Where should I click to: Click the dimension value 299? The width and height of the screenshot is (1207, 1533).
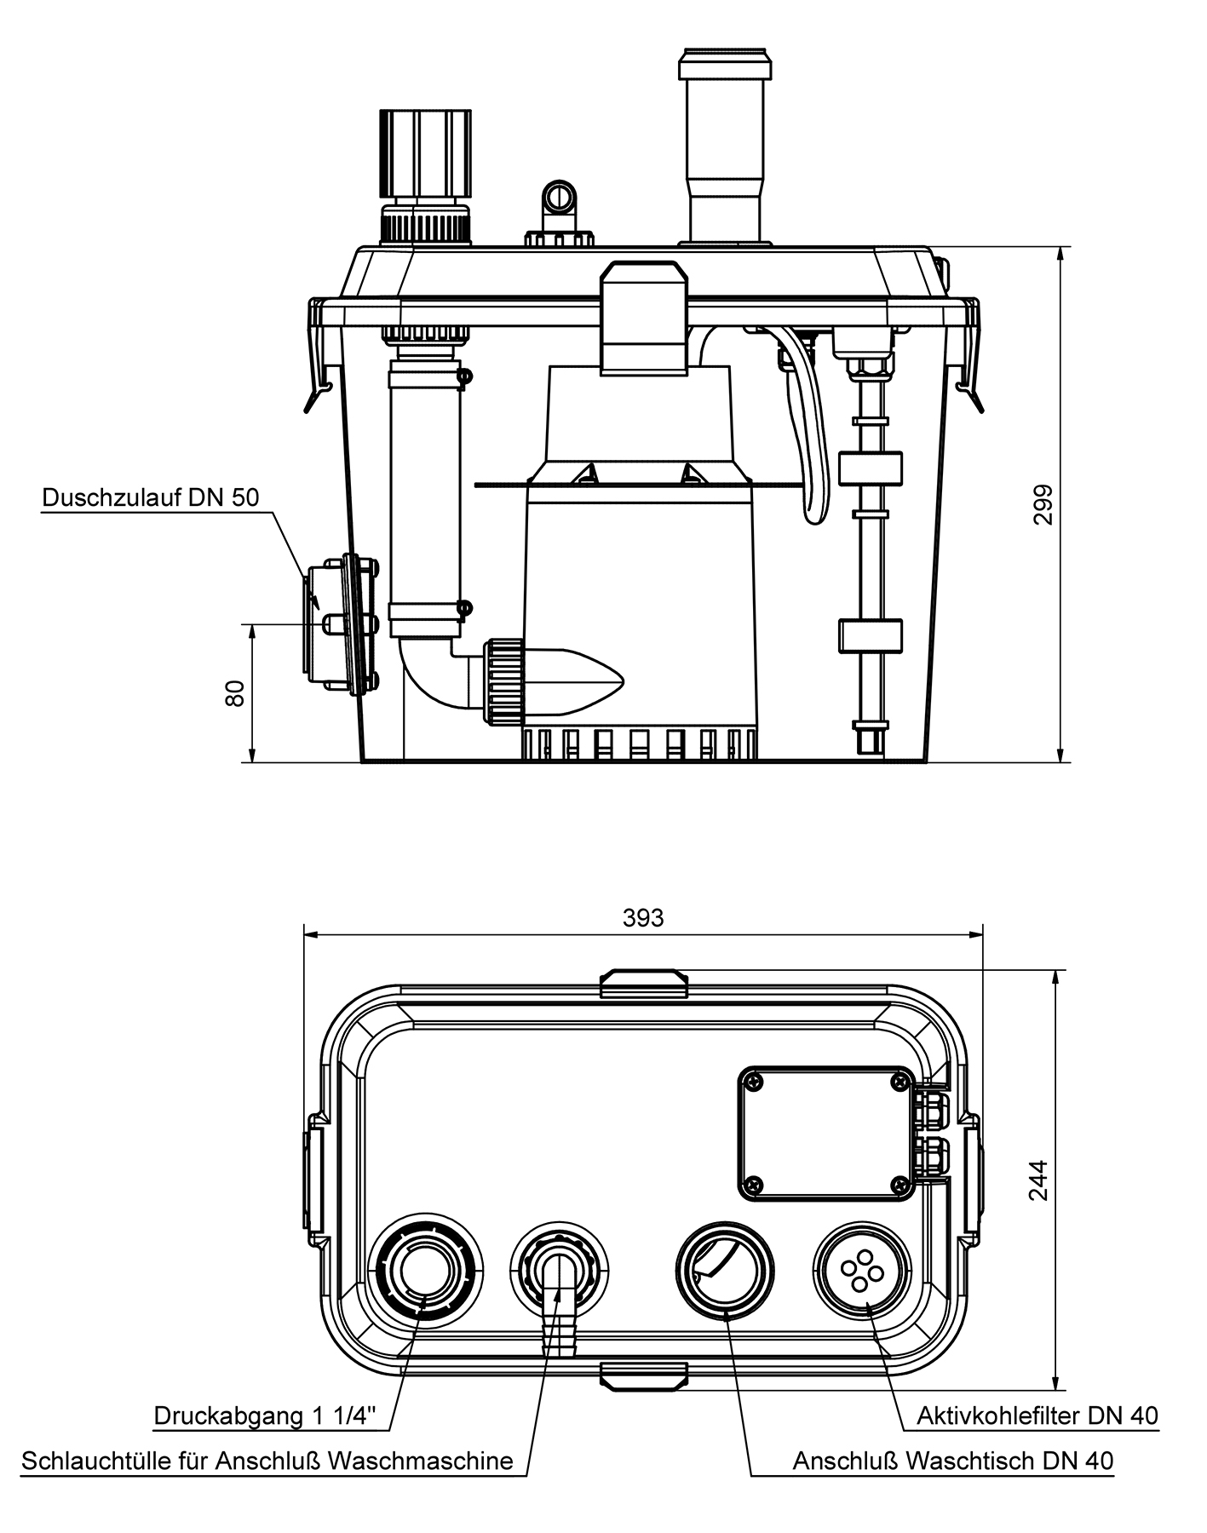click(x=1043, y=504)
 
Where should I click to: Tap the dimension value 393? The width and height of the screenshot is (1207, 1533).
click(x=643, y=918)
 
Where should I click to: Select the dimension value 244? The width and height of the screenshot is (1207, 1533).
click(x=1038, y=1180)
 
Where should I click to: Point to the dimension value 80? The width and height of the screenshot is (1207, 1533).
click(x=236, y=692)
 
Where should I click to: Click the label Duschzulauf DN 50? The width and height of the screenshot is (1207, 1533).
click(x=150, y=498)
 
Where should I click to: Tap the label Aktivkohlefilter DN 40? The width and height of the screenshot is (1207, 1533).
click(x=1037, y=1416)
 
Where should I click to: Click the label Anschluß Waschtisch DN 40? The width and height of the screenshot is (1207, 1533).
click(x=952, y=1461)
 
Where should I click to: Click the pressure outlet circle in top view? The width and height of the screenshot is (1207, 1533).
click(x=423, y=1269)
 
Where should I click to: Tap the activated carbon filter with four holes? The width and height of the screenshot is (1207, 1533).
click(x=861, y=1269)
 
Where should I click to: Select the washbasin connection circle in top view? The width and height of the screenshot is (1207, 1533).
click(x=725, y=1269)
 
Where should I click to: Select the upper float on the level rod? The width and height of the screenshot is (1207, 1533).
click(x=870, y=468)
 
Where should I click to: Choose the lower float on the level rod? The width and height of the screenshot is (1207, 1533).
click(x=870, y=635)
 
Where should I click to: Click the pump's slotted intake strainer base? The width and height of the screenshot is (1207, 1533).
click(x=639, y=744)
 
